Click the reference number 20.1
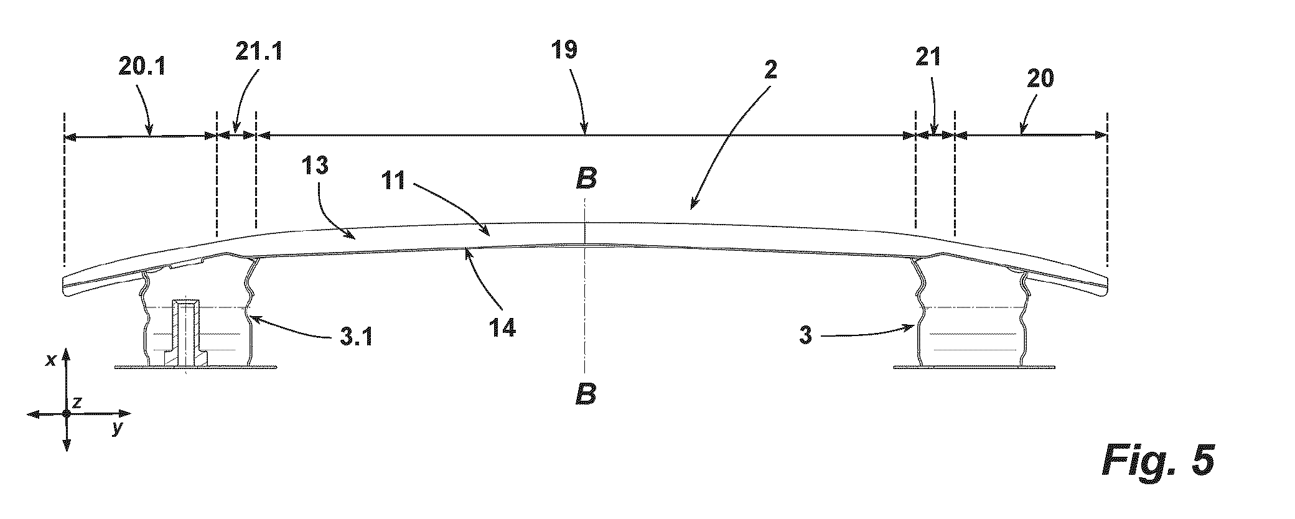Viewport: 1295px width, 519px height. [x=143, y=67]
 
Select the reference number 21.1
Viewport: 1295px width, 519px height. [x=259, y=51]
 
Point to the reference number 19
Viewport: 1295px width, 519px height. [x=564, y=49]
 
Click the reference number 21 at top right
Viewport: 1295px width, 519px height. [x=928, y=58]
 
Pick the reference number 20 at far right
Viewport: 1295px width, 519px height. [x=1040, y=79]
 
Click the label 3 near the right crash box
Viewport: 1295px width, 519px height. [x=806, y=336]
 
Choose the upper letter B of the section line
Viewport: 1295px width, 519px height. [x=586, y=179]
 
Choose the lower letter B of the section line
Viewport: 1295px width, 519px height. [x=586, y=394]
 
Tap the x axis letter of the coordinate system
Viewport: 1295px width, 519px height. [x=52, y=360]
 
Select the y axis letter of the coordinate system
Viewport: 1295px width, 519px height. [x=116, y=429]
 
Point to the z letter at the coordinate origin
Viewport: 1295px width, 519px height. [x=77, y=403]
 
